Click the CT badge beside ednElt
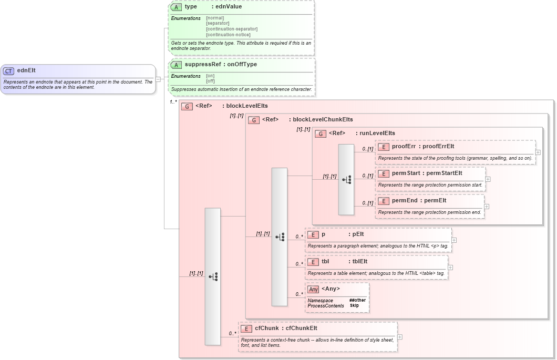click(9, 71)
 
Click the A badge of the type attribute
click(177, 7)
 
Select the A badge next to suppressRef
click(177, 65)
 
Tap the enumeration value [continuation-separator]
click(232, 29)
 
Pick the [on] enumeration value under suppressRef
click(210, 76)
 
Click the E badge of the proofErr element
click(384, 147)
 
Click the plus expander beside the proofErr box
click(538, 152)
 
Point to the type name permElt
click(435, 200)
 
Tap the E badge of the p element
click(313, 235)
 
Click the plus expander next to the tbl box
click(450, 268)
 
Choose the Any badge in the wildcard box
click(313, 289)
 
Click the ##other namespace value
click(357, 300)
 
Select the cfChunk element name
click(266, 328)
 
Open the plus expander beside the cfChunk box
click(400, 337)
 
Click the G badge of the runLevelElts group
click(321, 133)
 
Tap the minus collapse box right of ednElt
click(158, 79)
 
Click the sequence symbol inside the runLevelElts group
click(346, 179)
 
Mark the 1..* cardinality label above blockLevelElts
click(173, 102)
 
